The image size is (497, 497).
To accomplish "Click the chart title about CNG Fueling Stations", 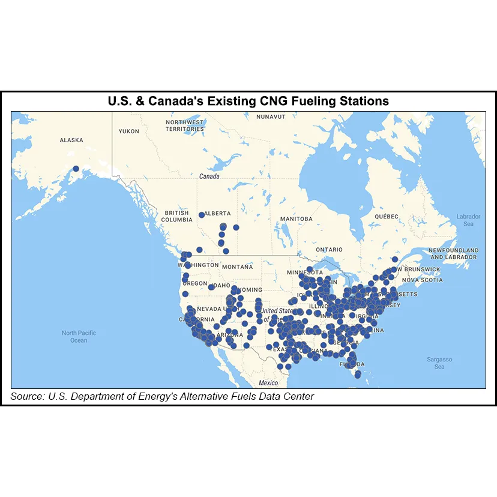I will [x=248, y=101].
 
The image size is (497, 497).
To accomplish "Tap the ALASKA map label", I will [x=71, y=140].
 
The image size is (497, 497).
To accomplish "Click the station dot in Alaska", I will [x=76, y=169].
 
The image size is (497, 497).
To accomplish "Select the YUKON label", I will [x=129, y=131].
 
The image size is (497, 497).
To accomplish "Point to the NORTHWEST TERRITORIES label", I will [x=185, y=125].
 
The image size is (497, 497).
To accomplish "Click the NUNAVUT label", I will [x=270, y=116].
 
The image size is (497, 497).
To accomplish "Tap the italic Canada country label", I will [x=209, y=177].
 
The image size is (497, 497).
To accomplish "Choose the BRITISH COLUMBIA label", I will [x=177, y=216].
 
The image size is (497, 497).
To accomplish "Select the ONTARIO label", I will [x=329, y=249].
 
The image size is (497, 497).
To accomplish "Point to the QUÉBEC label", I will [x=387, y=216].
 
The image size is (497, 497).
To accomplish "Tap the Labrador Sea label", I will [x=468, y=220].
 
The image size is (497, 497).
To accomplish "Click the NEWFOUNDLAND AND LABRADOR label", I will [x=453, y=253].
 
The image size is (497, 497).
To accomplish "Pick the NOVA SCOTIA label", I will [x=422, y=280].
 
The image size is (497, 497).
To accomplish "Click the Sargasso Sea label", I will [x=439, y=363].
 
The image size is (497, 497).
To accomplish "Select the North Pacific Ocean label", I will [x=79, y=336].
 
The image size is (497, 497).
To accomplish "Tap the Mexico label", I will [x=268, y=382].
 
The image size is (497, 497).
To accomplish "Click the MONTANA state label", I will [x=237, y=267].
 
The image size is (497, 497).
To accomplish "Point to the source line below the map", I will [x=162, y=396].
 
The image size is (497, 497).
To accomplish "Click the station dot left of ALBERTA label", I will [x=201, y=214].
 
